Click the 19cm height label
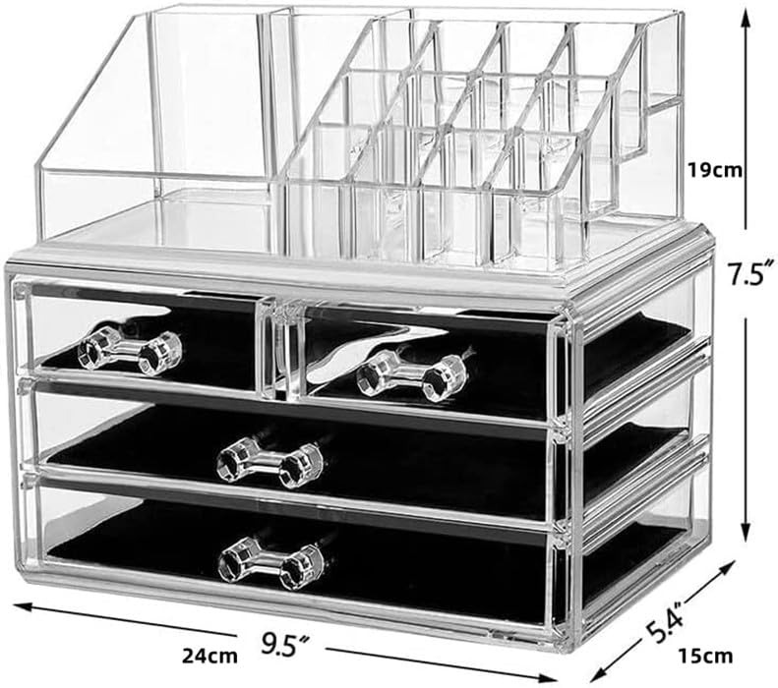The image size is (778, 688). tap(715, 170)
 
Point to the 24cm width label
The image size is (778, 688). tap(209, 656)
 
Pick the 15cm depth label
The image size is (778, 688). tap(705, 656)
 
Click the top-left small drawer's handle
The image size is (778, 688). tap(130, 348)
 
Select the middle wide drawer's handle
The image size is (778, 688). tap(270, 461)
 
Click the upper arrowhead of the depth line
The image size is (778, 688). tap(726, 568)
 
